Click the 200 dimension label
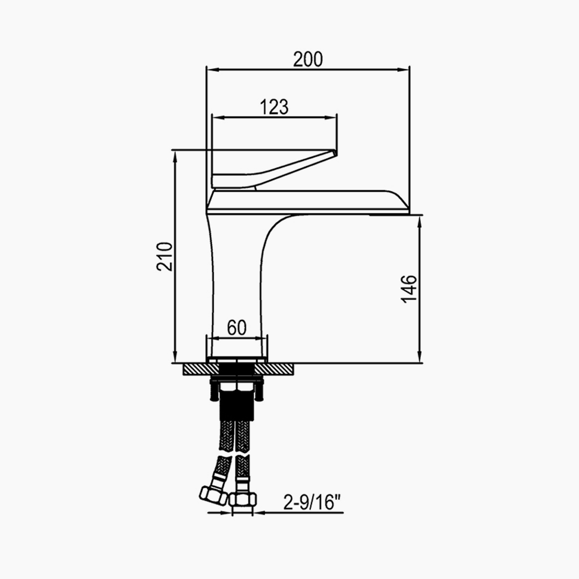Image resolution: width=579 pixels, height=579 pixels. click(308, 59)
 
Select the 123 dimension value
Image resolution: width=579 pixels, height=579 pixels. click(274, 107)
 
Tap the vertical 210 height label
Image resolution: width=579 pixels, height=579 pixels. click(165, 257)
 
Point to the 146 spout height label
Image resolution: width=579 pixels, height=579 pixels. click(409, 289)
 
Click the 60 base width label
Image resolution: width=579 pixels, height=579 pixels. click(237, 327)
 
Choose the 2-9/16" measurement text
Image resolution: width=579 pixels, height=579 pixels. click(312, 502)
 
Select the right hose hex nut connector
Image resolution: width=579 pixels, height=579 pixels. click(243, 500)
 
